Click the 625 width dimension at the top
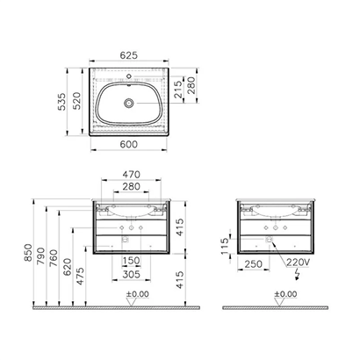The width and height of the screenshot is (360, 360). (129, 55)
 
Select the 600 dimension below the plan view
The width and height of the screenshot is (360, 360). (129, 144)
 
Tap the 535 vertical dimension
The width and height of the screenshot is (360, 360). (61, 102)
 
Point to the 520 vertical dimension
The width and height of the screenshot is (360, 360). (76, 101)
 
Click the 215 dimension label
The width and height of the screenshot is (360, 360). (178, 90)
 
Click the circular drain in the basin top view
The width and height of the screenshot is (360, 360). (129, 103)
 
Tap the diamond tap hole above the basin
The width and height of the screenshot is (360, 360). (129, 76)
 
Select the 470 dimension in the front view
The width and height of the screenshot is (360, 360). (132, 175)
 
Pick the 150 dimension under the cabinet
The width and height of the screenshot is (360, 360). (131, 260)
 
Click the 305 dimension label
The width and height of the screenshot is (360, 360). (132, 275)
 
